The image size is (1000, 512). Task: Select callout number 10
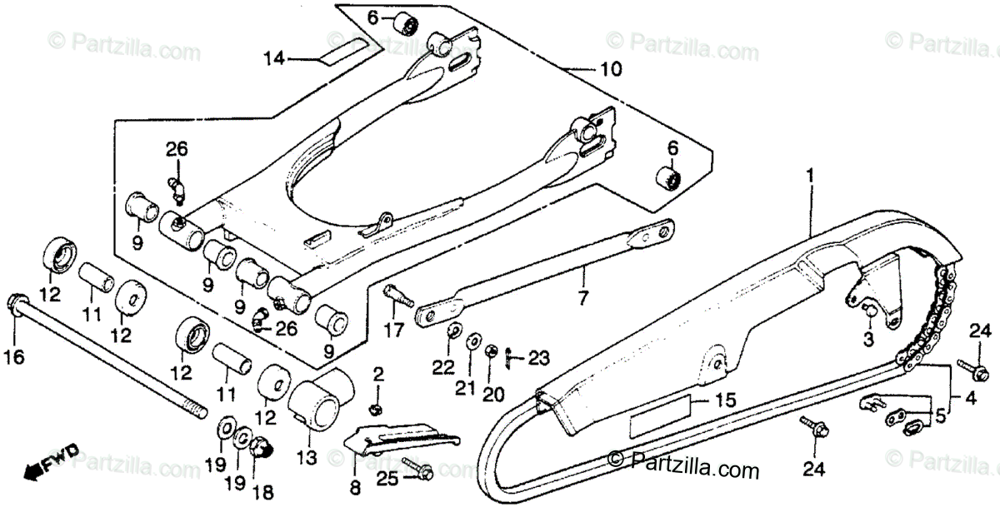(611, 72)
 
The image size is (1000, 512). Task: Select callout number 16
(14, 358)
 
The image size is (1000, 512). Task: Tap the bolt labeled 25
(417, 470)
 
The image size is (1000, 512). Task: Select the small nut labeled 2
(377, 407)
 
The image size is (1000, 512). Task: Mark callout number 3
(867, 339)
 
